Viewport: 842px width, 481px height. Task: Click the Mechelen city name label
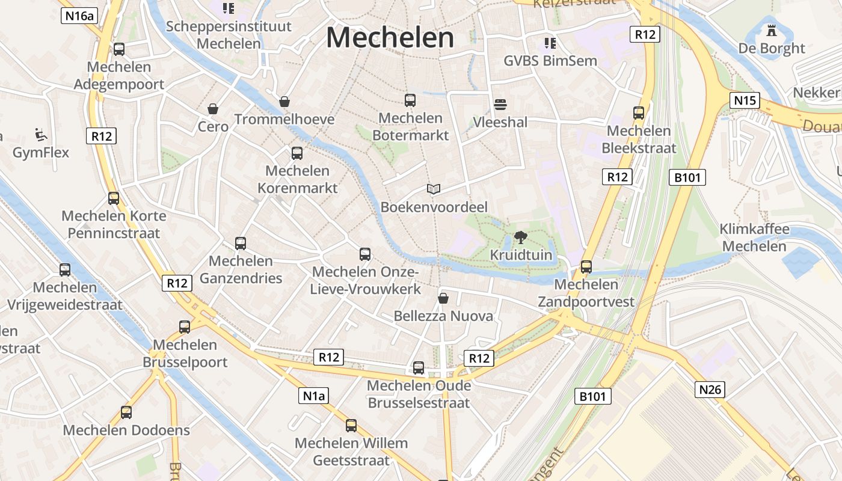click(x=390, y=38)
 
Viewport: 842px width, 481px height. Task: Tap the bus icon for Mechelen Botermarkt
click(x=410, y=100)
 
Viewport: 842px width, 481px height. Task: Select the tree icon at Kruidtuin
click(x=520, y=237)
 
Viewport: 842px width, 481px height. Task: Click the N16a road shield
click(x=79, y=16)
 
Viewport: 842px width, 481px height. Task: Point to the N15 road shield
click(x=745, y=100)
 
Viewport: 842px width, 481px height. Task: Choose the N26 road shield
click(x=710, y=390)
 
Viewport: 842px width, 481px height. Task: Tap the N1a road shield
click(x=313, y=396)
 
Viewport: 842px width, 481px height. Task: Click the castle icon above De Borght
click(x=772, y=29)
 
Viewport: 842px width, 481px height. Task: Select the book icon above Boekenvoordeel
click(x=434, y=189)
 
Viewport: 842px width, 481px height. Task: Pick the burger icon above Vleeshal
click(x=500, y=105)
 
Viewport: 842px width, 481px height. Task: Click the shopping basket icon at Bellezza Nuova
click(x=443, y=298)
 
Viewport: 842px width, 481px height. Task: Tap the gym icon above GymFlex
click(x=41, y=135)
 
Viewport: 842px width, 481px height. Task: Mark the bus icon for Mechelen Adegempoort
click(x=119, y=49)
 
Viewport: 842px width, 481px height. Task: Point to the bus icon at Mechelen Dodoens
click(x=126, y=412)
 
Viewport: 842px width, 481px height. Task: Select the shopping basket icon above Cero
click(x=213, y=109)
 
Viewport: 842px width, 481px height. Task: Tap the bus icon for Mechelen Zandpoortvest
click(x=586, y=266)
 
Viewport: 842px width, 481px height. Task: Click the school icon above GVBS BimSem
click(x=550, y=43)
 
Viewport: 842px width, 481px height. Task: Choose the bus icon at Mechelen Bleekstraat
click(x=639, y=113)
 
